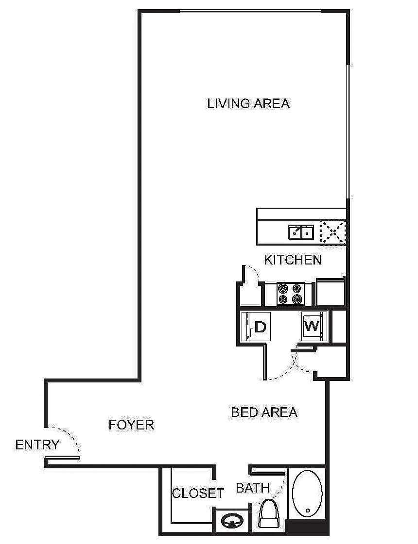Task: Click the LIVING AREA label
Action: (248, 104)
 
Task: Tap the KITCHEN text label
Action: (293, 260)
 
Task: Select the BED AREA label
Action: (264, 412)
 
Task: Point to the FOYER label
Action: (131, 425)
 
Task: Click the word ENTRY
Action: (37, 445)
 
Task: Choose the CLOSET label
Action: (198, 493)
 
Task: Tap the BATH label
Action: (253, 488)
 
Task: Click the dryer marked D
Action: (256, 327)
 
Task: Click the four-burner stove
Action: (291, 294)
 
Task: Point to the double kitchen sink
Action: (301, 232)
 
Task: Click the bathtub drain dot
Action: (308, 511)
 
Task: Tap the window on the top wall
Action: (250, 11)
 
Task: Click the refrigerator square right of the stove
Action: (330, 292)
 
